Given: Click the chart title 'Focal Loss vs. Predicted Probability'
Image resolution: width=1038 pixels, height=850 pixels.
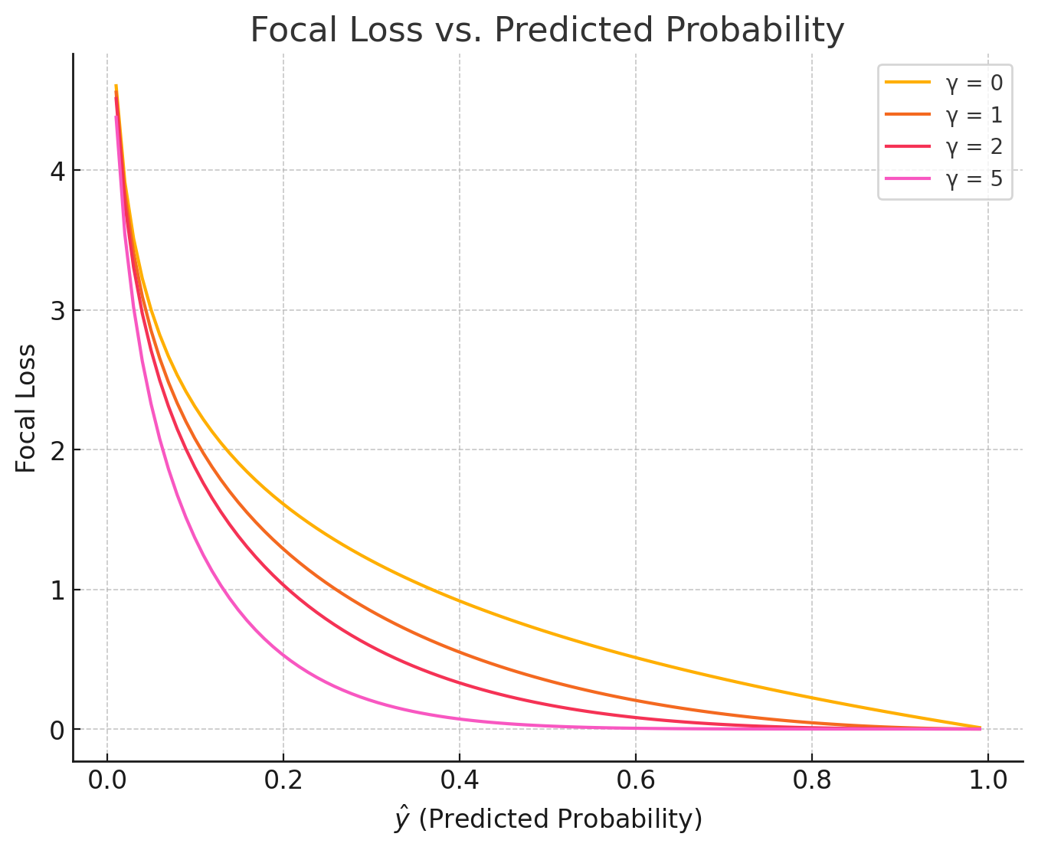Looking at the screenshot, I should tap(547, 31).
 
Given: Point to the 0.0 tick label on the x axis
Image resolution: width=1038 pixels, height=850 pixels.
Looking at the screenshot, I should tap(107, 783).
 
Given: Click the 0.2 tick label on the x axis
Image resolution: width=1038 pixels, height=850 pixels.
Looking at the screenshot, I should tap(283, 783).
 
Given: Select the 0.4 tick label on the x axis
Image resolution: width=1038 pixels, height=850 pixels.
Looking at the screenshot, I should tap(460, 783).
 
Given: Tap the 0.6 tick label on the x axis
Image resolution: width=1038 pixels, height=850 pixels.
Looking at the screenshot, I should tap(636, 783).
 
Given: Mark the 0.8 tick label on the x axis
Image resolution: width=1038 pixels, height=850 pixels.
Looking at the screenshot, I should tap(812, 783).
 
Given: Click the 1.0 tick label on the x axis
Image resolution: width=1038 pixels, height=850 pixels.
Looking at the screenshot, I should tap(988, 783).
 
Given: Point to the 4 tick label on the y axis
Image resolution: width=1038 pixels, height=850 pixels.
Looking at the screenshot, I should tap(57, 171).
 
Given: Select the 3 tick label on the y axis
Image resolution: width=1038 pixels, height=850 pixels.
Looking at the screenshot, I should tap(57, 311).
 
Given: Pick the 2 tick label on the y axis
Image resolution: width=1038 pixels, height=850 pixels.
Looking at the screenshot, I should tap(57, 450).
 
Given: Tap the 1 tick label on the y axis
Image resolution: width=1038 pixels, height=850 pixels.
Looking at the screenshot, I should tap(57, 590).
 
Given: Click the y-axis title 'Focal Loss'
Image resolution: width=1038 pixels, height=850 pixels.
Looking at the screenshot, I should tap(26, 408).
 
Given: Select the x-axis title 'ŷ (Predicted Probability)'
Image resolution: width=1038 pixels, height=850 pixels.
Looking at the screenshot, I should tap(548, 819).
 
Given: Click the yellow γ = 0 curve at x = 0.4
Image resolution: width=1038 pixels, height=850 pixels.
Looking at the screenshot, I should tap(460, 600).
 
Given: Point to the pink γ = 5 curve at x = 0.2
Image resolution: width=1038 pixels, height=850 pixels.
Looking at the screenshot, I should tap(283, 655).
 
